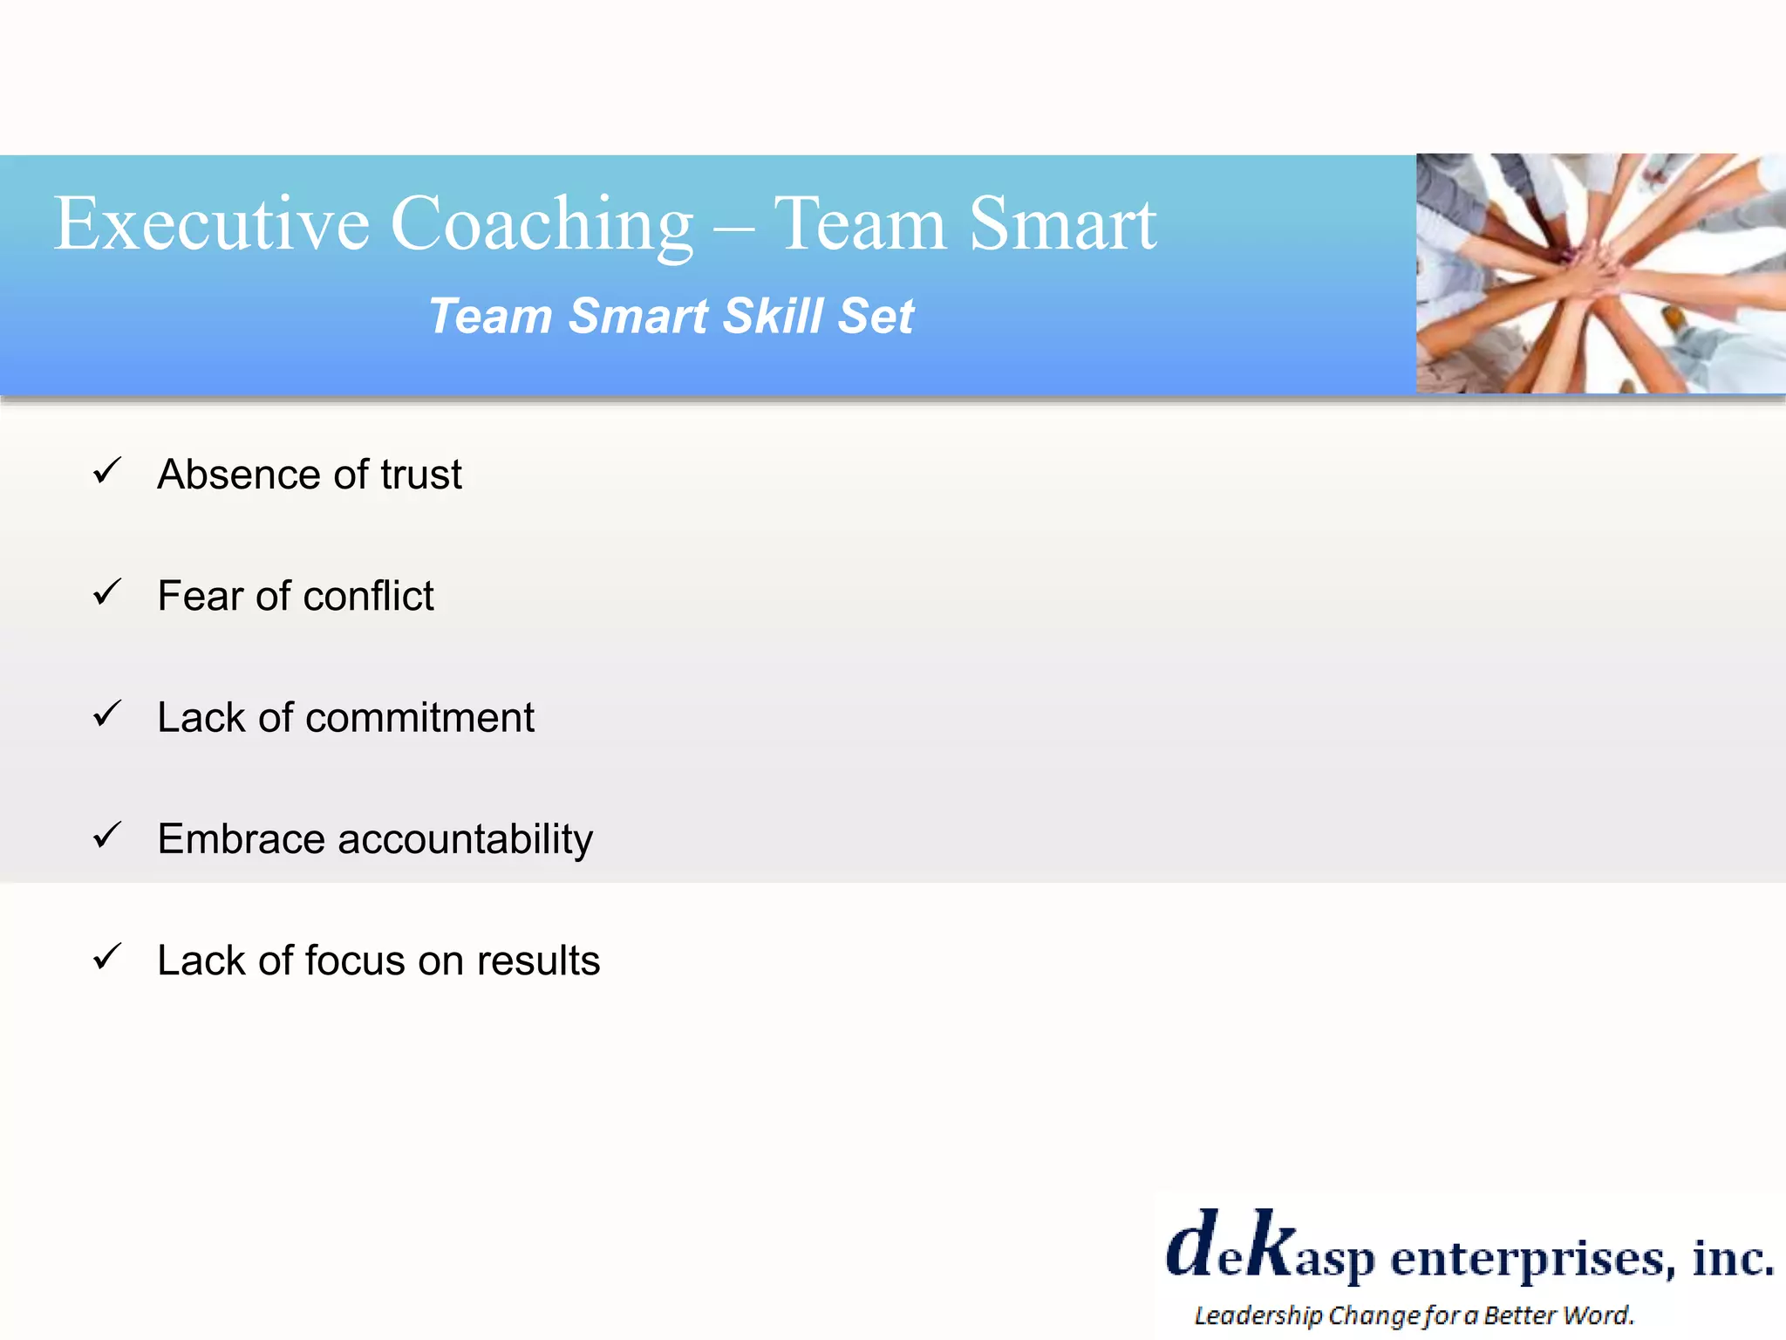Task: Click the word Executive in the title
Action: tap(212, 224)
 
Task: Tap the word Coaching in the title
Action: tap(542, 224)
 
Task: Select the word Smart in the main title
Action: tap(1062, 224)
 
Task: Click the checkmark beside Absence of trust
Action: tap(106, 471)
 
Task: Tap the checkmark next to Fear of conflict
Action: tap(106, 593)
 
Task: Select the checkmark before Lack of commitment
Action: tap(106, 714)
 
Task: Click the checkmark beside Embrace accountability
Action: tap(106, 836)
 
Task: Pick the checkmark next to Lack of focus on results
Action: tap(106, 957)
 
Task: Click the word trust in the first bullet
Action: tap(420, 475)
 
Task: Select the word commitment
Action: tap(419, 718)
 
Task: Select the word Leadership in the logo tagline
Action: tap(1258, 1316)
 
